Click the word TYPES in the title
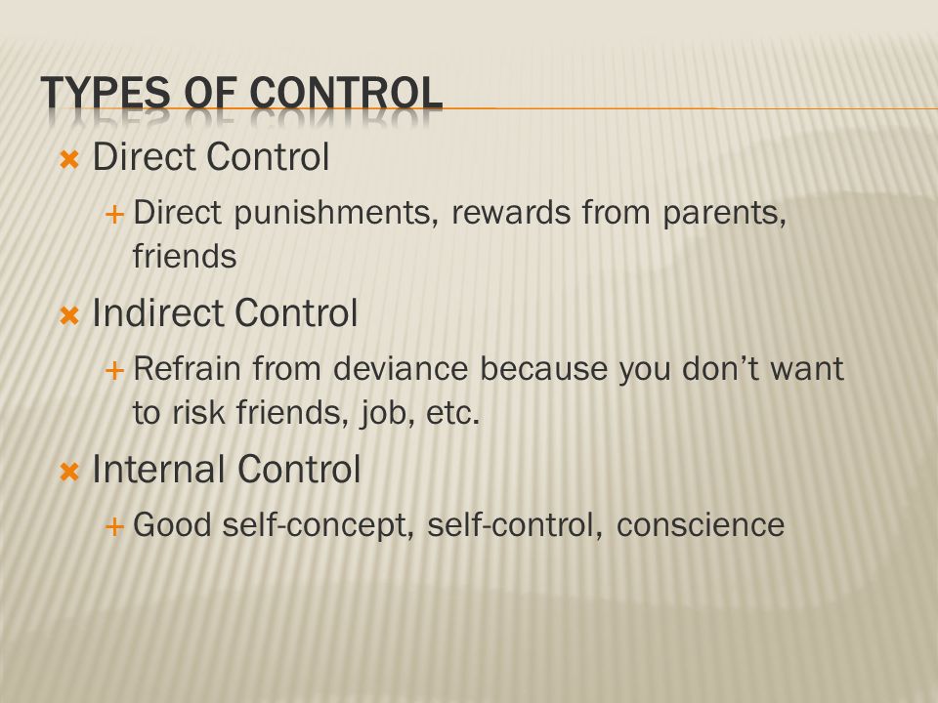pos(106,93)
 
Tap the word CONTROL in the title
pos(346,93)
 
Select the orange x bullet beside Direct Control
pos(69,159)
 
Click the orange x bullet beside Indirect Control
pos(69,315)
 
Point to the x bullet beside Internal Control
pos(69,473)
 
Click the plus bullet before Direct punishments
pos(114,214)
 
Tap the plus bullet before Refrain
pos(114,371)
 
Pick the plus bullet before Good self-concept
pos(114,526)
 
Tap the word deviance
pos(401,368)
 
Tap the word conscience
pos(700,525)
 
